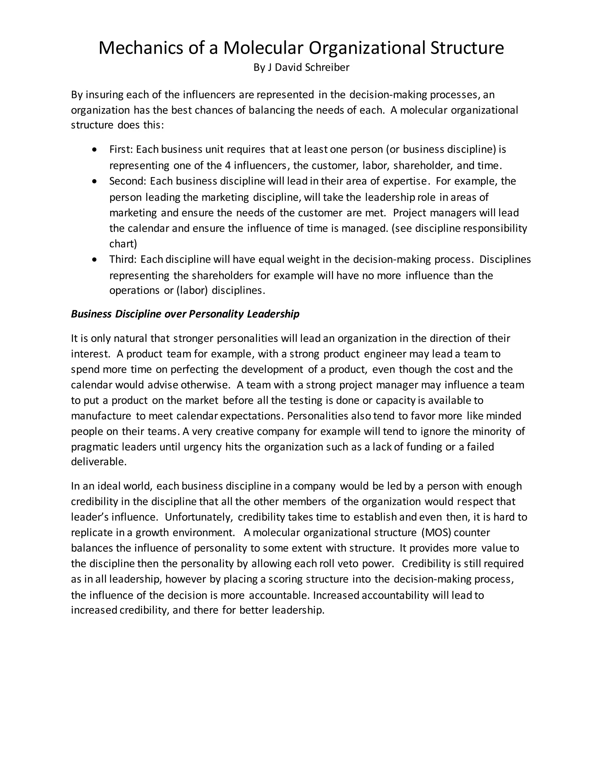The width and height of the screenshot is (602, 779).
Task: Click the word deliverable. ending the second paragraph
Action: coord(99,462)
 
